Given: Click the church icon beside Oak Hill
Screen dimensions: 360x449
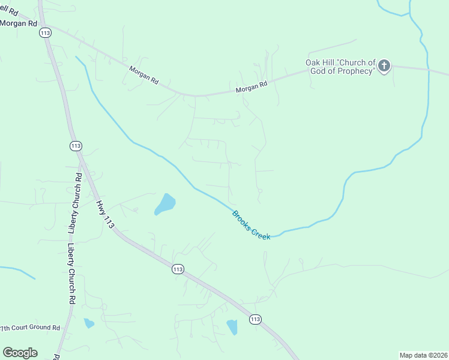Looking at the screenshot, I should click(x=384, y=65).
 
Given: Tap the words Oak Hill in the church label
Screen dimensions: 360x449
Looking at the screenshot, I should click(x=321, y=62).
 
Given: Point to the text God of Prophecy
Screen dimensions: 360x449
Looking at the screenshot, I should click(x=343, y=71).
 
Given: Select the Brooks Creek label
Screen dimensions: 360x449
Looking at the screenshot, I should click(x=252, y=225).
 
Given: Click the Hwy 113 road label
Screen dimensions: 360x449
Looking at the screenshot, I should click(x=104, y=214).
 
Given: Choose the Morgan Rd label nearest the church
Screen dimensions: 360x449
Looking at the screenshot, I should click(x=251, y=88).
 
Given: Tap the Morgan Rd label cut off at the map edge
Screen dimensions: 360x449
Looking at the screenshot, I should click(x=19, y=23).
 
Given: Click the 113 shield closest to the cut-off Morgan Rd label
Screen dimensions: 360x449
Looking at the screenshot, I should click(x=45, y=33).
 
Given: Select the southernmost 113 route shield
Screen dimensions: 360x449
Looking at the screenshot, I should click(x=255, y=319).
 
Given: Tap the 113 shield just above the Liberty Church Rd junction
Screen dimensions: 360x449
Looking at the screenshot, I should click(x=75, y=146).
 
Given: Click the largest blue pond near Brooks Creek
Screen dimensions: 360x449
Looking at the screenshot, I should click(x=165, y=204).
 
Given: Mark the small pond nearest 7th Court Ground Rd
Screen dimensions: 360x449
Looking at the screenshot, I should click(x=89, y=323).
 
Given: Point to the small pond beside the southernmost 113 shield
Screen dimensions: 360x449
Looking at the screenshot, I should click(x=232, y=327).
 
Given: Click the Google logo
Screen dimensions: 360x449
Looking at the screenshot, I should click(x=20, y=353).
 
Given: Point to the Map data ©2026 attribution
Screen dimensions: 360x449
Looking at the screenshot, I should click(x=423, y=355).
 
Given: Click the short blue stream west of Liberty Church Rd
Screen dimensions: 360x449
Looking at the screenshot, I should click(x=18, y=271).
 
